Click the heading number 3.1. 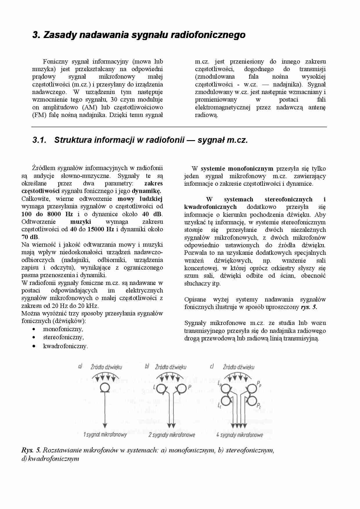point(39,140)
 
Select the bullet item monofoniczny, point(63,329)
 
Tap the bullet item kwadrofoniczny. point(65,346)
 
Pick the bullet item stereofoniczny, point(63,337)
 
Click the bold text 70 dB point(30,237)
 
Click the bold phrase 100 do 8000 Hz point(47,214)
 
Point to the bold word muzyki point(80,222)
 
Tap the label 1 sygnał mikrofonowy point(105,435)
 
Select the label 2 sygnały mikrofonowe point(172,435)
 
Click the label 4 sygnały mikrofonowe point(240,435)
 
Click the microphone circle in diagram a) point(105,387)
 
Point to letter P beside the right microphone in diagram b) point(190,387)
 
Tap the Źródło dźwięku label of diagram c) point(238,367)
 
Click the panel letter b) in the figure point(147,366)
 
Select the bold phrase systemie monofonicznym point(237,169)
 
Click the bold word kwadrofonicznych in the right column point(210,207)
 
